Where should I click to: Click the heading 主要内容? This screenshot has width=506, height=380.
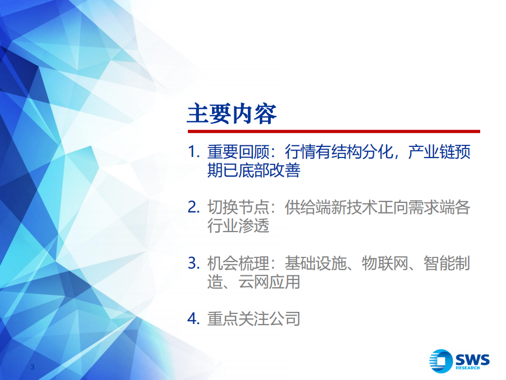pos(232,114)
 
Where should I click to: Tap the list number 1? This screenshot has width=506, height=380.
pos(193,153)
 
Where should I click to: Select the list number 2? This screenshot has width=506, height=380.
pos(193,207)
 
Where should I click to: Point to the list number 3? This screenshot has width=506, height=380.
pos(193,263)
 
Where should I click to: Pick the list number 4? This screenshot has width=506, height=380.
pos(193,319)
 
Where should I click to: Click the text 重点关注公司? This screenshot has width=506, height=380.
pos(253,319)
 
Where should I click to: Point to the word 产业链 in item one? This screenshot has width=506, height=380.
pos(431,153)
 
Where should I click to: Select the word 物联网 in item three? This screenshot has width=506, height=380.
pos(385,263)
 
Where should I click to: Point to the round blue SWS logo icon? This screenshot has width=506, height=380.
pos(441,361)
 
